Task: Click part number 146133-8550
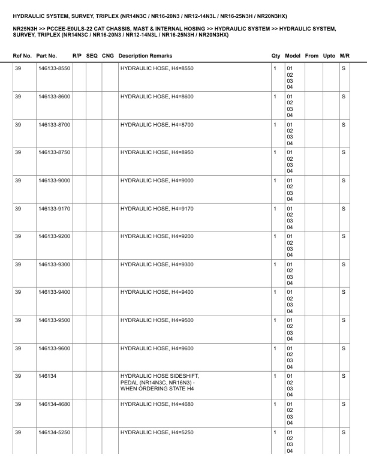coord(54,69)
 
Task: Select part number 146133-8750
coord(54,153)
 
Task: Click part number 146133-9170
coord(54,209)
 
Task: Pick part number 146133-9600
coord(54,348)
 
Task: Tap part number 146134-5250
coord(54,432)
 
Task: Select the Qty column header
coord(276,56)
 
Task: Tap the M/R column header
coord(344,56)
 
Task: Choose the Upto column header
coord(329,56)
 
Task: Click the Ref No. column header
coord(23,56)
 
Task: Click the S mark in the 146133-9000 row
coord(344,181)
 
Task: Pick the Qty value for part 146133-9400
coord(275,292)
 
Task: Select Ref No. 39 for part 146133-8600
coord(18,97)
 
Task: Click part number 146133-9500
coord(54,320)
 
